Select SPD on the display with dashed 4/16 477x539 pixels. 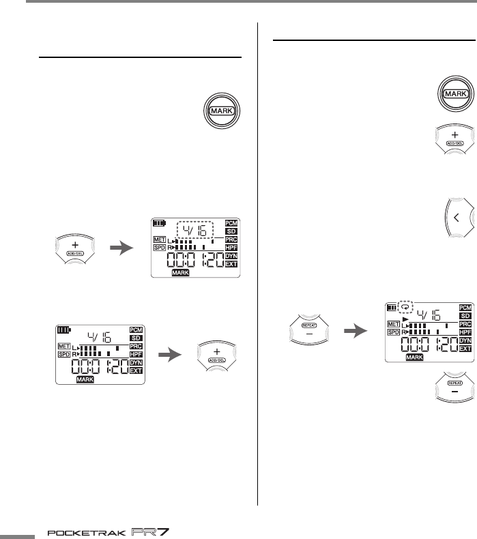tap(160, 248)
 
